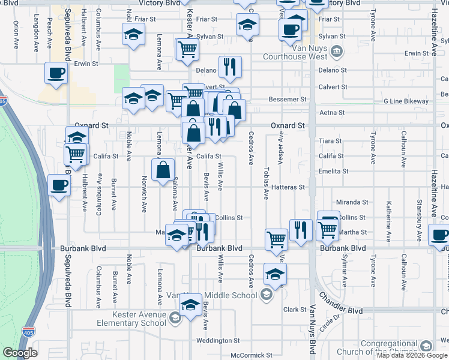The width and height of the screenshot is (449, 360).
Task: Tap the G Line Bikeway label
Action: tap(406, 101)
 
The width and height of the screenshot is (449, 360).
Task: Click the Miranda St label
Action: tap(352, 203)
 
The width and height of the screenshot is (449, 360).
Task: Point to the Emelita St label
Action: tap(334, 172)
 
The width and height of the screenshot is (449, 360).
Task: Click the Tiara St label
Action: tap(330, 141)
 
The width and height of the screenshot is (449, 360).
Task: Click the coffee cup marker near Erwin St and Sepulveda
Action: tap(56, 73)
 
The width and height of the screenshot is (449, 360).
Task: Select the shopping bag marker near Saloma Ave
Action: tap(163, 170)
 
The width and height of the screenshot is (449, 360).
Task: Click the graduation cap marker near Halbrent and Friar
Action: tap(133, 34)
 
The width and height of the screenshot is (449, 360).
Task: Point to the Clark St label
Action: tap(295, 310)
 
